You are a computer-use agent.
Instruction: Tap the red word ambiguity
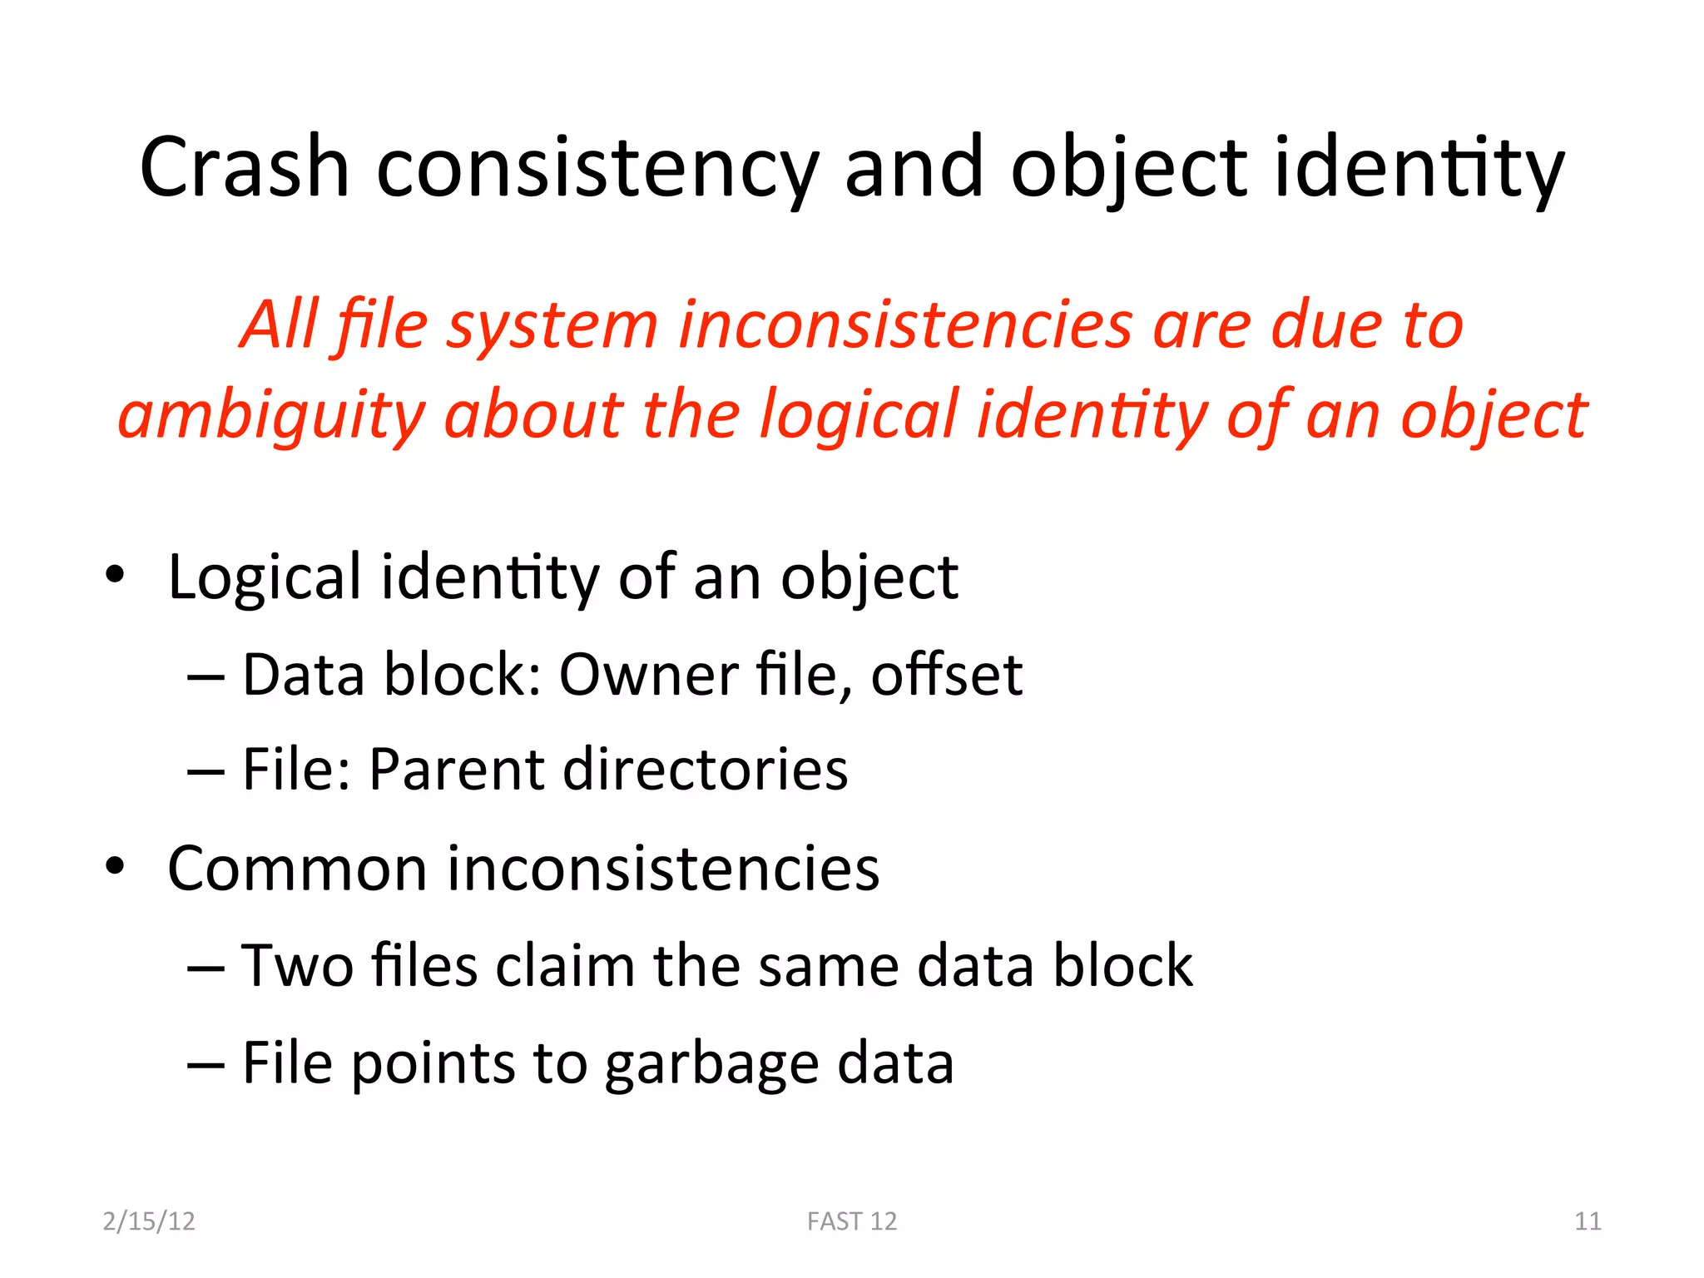270,416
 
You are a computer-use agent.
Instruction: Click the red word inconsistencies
905,324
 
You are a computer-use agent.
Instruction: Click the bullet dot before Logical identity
115,574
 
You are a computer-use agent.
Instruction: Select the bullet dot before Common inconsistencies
115,866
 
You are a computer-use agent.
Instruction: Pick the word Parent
456,769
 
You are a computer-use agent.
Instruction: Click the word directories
706,769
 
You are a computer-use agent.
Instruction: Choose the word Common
297,869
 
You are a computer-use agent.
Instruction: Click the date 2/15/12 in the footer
149,1221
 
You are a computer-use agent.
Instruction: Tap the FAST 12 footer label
852,1221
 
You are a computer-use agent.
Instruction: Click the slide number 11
1588,1221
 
